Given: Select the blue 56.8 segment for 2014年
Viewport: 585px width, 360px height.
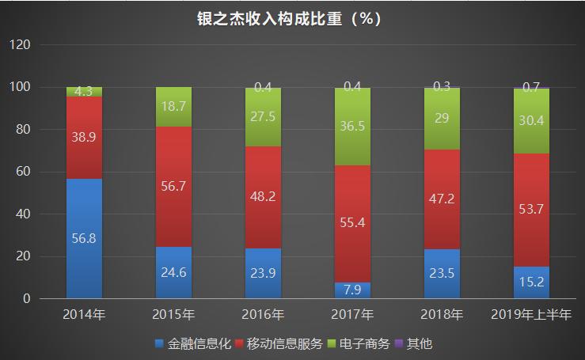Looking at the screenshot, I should [84, 238].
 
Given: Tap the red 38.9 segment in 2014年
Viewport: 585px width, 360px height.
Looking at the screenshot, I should [84, 138].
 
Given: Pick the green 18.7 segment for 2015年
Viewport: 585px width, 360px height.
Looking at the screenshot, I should [173, 107].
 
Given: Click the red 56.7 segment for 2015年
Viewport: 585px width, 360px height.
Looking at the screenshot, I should [173, 187].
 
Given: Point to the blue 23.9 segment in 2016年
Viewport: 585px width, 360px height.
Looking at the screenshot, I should [263, 273].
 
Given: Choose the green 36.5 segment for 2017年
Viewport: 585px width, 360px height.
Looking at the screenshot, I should [352, 127].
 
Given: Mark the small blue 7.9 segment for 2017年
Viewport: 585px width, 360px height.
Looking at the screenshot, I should [352, 290].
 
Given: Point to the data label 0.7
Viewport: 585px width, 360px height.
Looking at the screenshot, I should [531, 87].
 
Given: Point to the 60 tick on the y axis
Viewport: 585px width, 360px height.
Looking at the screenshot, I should [23, 172].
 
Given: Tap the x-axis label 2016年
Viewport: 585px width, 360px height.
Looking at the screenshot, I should [263, 315].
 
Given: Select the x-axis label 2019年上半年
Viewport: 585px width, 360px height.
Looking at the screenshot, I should [531, 315].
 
